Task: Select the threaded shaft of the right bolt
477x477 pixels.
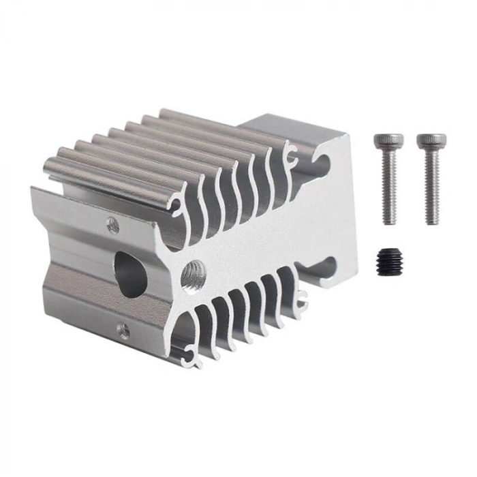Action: coord(431,187)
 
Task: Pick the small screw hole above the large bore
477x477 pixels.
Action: coord(113,225)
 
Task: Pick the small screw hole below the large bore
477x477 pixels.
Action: coord(123,331)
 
